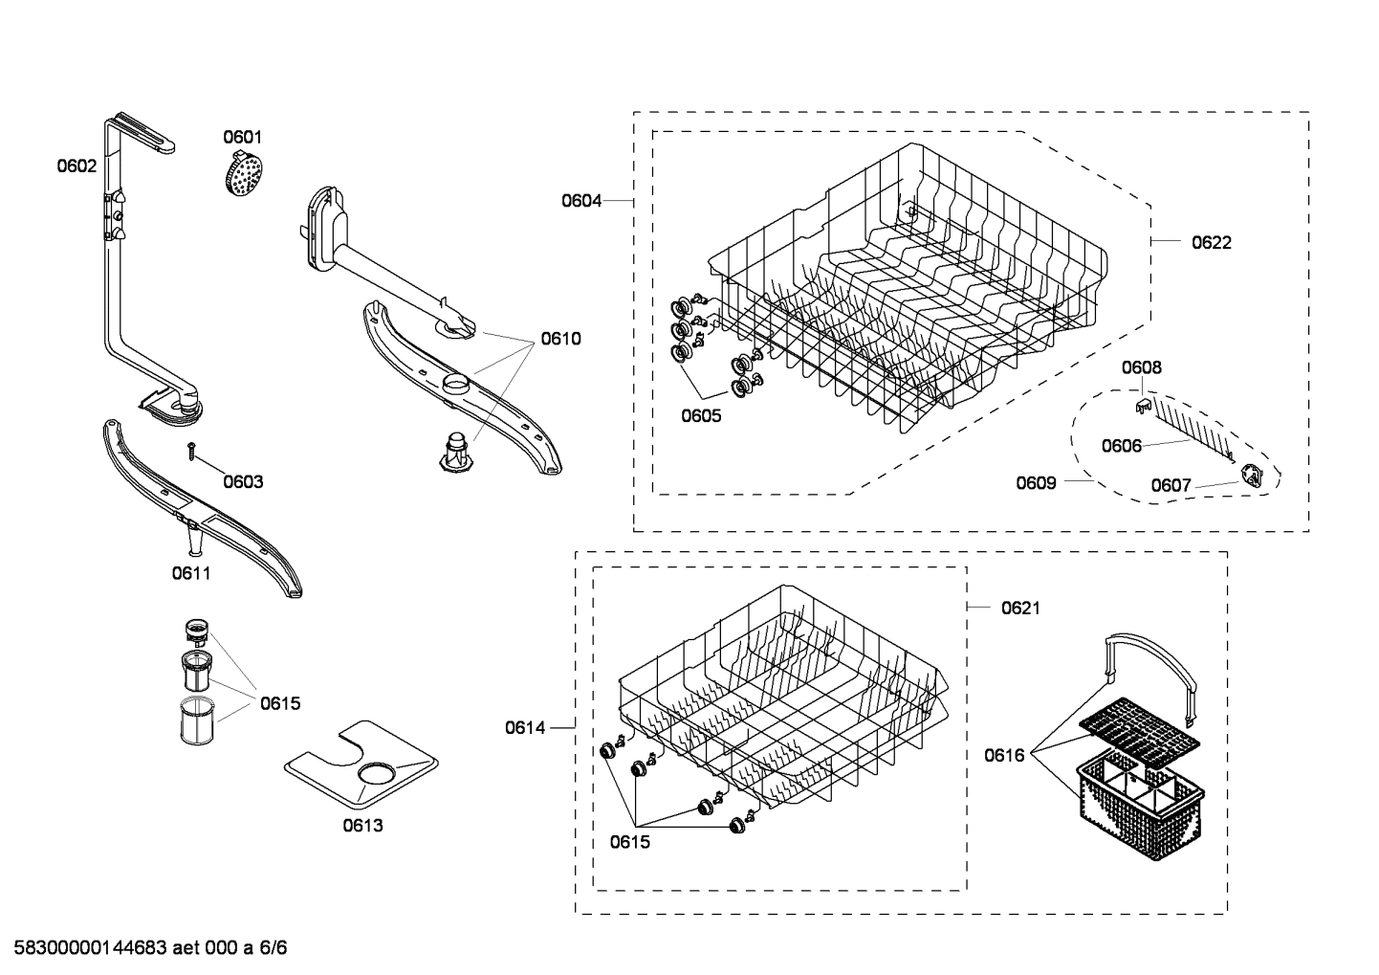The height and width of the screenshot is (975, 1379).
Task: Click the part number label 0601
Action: point(243,137)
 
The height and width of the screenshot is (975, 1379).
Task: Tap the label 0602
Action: point(77,166)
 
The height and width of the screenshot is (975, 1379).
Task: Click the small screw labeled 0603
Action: point(193,450)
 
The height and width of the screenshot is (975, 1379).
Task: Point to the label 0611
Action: point(191,573)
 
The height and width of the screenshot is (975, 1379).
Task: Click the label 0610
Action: point(560,339)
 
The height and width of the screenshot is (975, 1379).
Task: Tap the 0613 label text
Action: point(362,825)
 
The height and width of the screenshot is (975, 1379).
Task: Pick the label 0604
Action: point(581,201)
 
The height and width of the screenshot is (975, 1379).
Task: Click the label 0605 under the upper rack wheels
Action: point(701,415)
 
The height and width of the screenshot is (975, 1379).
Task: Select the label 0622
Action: point(1211,242)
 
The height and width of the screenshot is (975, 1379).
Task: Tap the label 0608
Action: point(1142,367)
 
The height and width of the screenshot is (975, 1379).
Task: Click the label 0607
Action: point(1171,486)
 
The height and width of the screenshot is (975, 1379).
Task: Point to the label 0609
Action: point(1036,482)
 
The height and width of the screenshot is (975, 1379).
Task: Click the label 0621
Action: point(1020,608)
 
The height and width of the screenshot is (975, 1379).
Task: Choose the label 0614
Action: point(525,728)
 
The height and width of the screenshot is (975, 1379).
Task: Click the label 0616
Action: point(1004,756)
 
